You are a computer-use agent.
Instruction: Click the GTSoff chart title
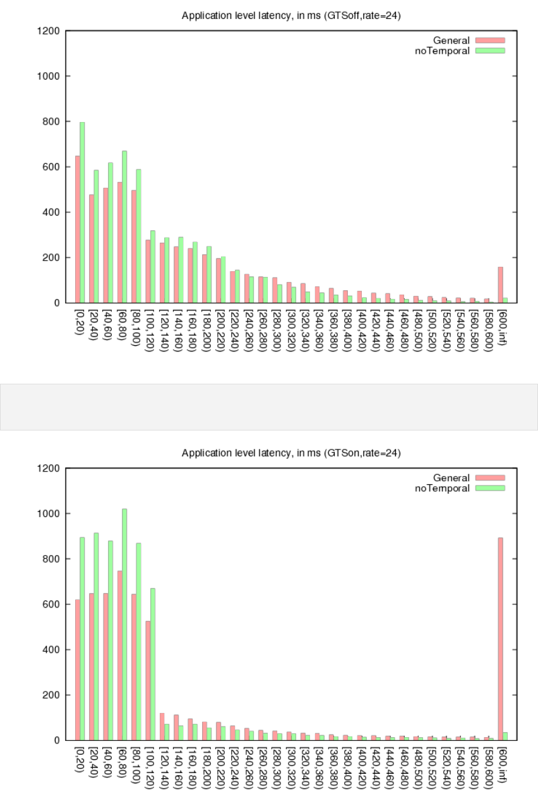point(291,15)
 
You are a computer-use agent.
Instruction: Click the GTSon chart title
point(291,453)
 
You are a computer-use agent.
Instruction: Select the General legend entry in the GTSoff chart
point(451,41)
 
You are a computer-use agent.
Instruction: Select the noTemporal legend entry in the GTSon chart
point(442,488)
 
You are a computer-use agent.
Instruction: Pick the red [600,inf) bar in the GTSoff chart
point(500,285)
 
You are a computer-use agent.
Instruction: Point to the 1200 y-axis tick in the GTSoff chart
point(49,31)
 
